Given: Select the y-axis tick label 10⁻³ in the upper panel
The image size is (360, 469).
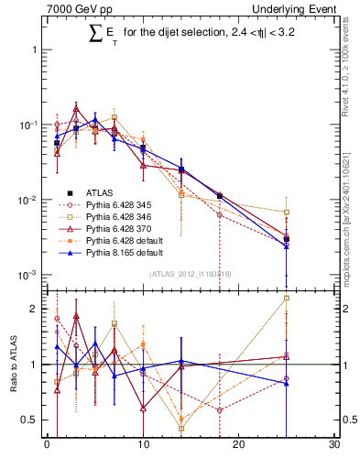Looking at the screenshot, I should (x=29, y=275).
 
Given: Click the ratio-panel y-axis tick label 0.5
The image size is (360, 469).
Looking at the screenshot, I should (x=33, y=420).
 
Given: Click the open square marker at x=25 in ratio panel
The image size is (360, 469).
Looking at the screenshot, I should (x=287, y=298).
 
